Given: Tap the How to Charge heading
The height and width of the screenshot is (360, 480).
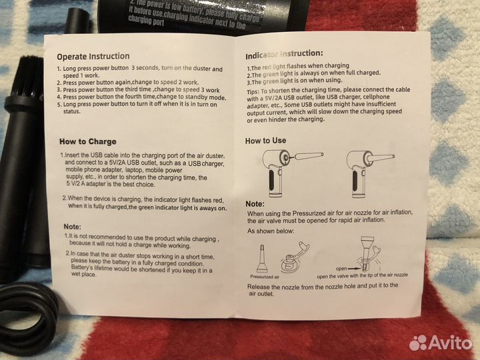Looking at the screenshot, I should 87,141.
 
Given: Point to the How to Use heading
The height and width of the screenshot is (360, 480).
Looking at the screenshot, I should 265,141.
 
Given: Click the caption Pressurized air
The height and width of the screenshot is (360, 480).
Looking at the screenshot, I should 265,275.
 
